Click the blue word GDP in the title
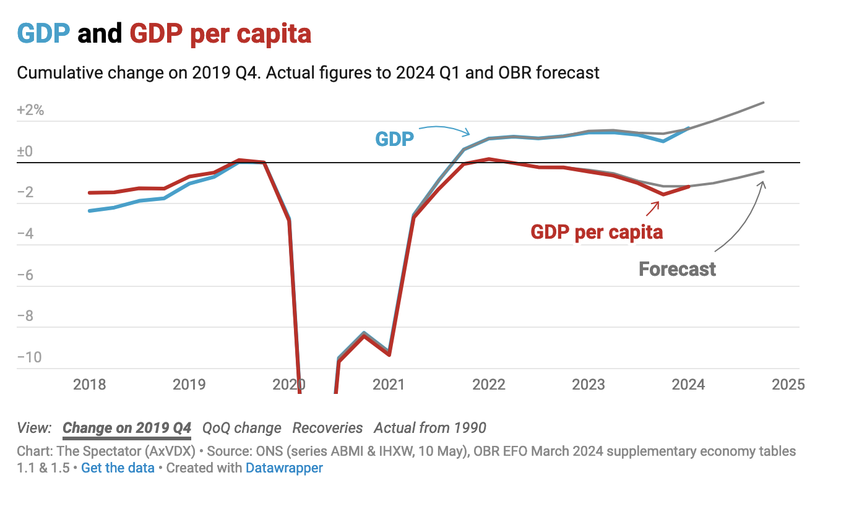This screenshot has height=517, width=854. click(x=43, y=33)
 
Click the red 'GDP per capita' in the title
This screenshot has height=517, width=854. click(x=220, y=35)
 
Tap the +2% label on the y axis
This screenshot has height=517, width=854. click(x=30, y=110)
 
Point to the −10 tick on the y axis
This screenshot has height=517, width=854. click(x=29, y=357)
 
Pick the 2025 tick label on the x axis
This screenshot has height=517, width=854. click(x=788, y=385)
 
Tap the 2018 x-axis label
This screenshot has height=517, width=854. click(x=89, y=385)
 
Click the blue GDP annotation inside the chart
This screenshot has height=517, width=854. click(x=395, y=139)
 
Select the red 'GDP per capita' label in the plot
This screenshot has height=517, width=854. click(x=597, y=232)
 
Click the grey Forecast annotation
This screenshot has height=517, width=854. click(x=677, y=269)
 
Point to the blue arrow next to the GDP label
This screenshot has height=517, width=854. click(x=444, y=130)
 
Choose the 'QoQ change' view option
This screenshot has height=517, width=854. click(x=242, y=428)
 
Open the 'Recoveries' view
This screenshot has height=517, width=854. click(x=327, y=428)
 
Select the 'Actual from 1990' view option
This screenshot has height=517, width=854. click(x=429, y=428)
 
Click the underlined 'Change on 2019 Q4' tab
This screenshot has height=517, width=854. click(x=127, y=428)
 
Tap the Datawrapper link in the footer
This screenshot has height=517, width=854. click(x=284, y=468)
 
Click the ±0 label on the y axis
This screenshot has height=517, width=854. click(x=25, y=152)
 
